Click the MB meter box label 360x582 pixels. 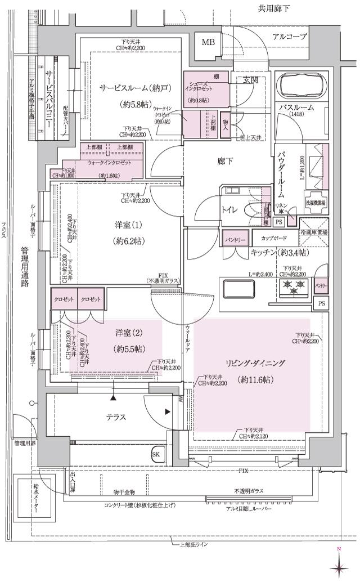pyautogui.click(x=208, y=42)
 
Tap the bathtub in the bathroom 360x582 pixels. pyautogui.click(x=301, y=87)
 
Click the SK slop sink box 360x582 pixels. pyautogui.click(x=156, y=454)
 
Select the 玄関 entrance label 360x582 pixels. pyautogui.click(x=250, y=80)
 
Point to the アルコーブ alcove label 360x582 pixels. pyautogui.click(x=289, y=37)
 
